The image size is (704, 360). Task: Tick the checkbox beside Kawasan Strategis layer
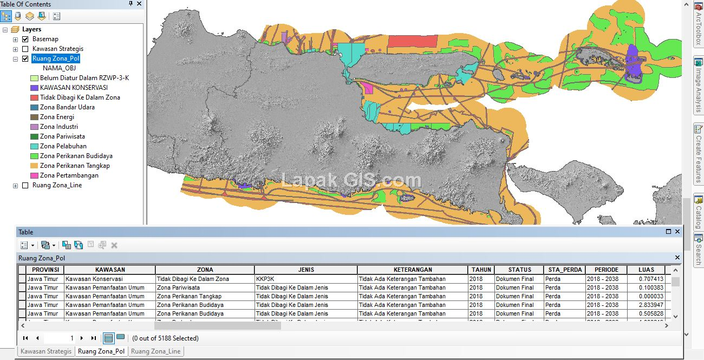pyautogui.click(x=25, y=49)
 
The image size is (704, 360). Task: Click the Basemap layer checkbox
pyautogui.click(x=25, y=39)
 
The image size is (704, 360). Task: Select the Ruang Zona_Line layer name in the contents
pyautogui.click(x=57, y=185)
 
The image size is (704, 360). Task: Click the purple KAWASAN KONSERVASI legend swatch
pyautogui.click(x=34, y=88)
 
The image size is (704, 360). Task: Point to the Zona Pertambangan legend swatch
pyautogui.click(x=34, y=175)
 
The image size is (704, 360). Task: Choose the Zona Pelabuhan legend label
pyautogui.click(x=63, y=146)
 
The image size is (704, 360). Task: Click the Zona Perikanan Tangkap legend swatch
pyautogui.click(x=34, y=166)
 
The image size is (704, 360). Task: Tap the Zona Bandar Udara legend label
pyautogui.click(x=67, y=107)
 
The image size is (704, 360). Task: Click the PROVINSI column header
pyautogui.click(x=45, y=270)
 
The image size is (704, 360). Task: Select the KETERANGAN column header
pyautogui.click(x=412, y=270)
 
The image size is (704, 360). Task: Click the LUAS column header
pyautogui.click(x=646, y=270)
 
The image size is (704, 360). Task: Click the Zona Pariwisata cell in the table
pyautogui.click(x=178, y=287)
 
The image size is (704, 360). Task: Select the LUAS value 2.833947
pyautogui.click(x=651, y=305)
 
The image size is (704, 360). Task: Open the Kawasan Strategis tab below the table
pyautogui.click(x=45, y=351)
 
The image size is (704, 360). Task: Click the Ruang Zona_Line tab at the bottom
pyautogui.click(x=155, y=351)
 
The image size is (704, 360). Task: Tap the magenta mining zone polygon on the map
pyautogui.click(x=368, y=88)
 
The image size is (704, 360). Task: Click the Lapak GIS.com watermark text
pyautogui.click(x=351, y=181)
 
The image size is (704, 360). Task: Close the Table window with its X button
pyautogui.click(x=677, y=232)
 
